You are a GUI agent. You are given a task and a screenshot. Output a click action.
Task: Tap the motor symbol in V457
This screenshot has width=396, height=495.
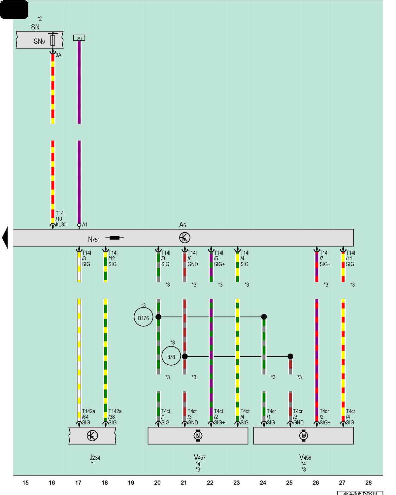tap(198, 435)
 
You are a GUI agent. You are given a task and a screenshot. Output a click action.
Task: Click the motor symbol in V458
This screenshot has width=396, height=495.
tap(304, 435)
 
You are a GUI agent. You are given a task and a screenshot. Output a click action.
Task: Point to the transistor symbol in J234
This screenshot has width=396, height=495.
tap(92, 435)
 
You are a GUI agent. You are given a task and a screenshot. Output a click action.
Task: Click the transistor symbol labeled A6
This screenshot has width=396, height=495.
tap(184, 238)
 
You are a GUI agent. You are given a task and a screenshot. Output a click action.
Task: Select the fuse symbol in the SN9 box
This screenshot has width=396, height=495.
tap(53, 41)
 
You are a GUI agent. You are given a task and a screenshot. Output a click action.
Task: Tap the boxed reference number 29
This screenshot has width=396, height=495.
tap(79, 38)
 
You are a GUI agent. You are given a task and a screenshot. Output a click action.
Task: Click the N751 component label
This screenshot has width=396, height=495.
tap(94, 240)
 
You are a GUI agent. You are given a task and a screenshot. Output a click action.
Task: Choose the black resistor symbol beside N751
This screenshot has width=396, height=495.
tap(115, 238)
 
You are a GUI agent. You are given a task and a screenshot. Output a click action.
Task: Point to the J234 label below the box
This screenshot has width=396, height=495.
tap(95, 457)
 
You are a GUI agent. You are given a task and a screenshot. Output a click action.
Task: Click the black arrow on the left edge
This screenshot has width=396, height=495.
tap(5, 238)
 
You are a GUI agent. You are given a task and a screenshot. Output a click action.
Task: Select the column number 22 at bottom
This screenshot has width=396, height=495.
tap(210, 482)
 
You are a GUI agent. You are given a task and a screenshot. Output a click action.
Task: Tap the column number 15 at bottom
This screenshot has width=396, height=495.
tap(25, 482)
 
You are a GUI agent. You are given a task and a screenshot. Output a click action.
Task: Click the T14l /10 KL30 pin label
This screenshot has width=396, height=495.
tap(61, 219)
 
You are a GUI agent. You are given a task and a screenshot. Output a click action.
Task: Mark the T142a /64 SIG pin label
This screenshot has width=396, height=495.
tap(88, 417)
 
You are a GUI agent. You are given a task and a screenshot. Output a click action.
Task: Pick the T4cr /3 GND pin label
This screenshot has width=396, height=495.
tap(298, 417)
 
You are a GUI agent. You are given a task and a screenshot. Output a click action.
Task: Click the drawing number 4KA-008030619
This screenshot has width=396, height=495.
tap(360, 493)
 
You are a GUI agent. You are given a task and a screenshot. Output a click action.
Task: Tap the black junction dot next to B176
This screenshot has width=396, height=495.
tap(158, 317)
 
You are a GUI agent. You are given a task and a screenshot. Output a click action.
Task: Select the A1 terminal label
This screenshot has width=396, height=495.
tap(85, 224)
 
